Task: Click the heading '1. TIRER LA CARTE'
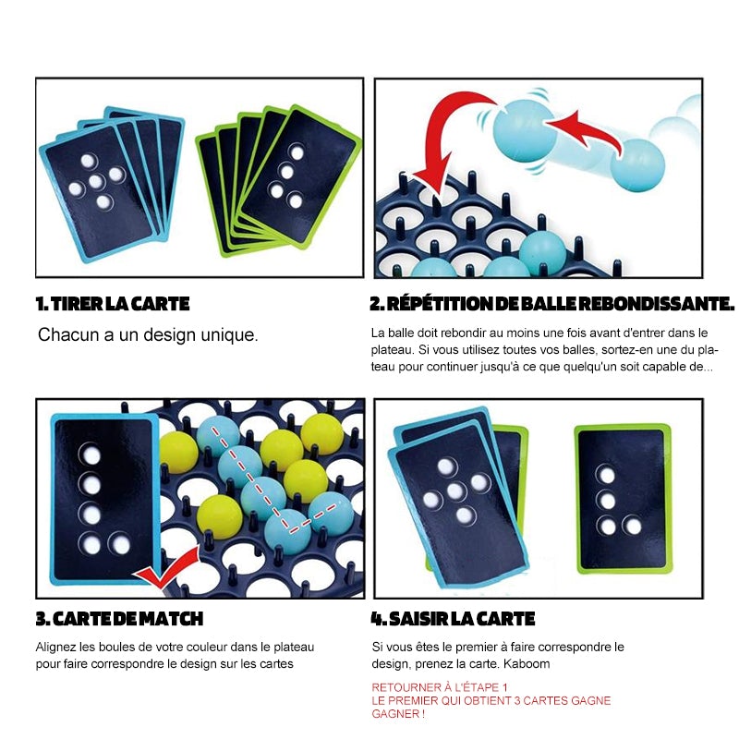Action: pyautogui.click(x=113, y=304)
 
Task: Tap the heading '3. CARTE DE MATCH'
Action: pyautogui.click(x=119, y=618)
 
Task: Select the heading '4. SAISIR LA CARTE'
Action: pyautogui.click(x=453, y=618)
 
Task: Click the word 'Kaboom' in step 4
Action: pyautogui.click(x=527, y=663)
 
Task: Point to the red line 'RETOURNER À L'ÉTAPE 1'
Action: pyautogui.click(x=440, y=687)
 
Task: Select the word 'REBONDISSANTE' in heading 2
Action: pyautogui.click(x=657, y=304)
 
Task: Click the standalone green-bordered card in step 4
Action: pyautogui.click(x=623, y=499)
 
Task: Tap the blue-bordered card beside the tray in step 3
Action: pyautogui.click(x=104, y=500)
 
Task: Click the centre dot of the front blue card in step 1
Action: pyautogui.click(x=96, y=181)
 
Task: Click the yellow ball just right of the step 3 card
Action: pyautogui.click(x=178, y=453)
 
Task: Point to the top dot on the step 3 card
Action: pyautogui.click(x=91, y=455)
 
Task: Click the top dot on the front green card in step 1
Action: pyautogui.click(x=297, y=152)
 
